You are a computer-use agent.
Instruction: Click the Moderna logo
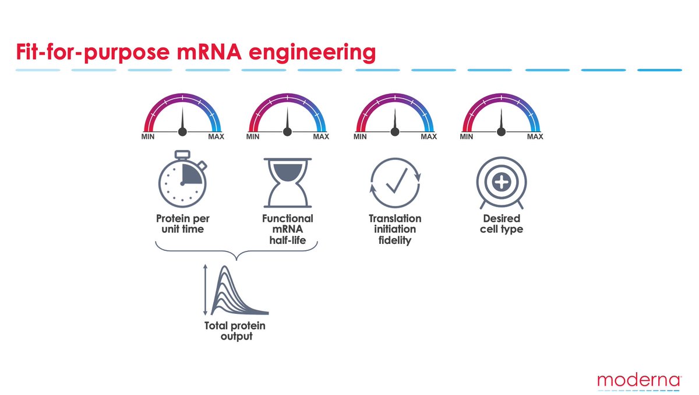click(x=639, y=380)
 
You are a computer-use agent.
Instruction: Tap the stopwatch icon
click(x=182, y=179)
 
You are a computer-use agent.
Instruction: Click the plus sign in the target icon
click(x=501, y=183)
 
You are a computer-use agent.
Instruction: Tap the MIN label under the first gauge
click(x=148, y=137)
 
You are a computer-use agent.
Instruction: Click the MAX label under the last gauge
click(x=535, y=137)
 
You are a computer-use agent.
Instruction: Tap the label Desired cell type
click(x=502, y=223)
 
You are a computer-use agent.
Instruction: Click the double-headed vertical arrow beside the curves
click(x=205, y=289)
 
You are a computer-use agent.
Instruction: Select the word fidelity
click(x=395, y=240)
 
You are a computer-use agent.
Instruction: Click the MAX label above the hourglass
click(x=321, y=137)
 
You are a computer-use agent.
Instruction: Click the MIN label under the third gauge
click(x=361, y=137)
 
